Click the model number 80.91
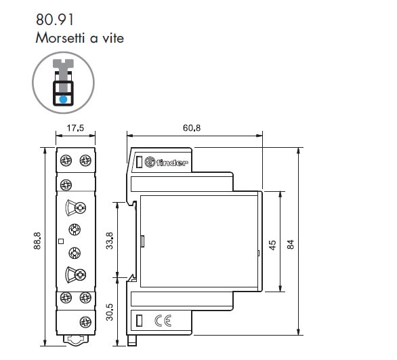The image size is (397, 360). coord(55,20)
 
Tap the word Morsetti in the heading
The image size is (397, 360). coord(60,38)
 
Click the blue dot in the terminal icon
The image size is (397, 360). coord(63,99)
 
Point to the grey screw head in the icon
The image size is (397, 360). coord(63,63)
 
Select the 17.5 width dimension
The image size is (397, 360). coord(75,128)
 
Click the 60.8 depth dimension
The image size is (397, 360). coord(192,128)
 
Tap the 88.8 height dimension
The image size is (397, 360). coord(37,241)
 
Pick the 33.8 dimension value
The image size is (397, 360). coord(110,241)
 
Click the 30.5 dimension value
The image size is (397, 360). coord(110,312)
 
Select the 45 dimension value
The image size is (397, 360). coord(272,245)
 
